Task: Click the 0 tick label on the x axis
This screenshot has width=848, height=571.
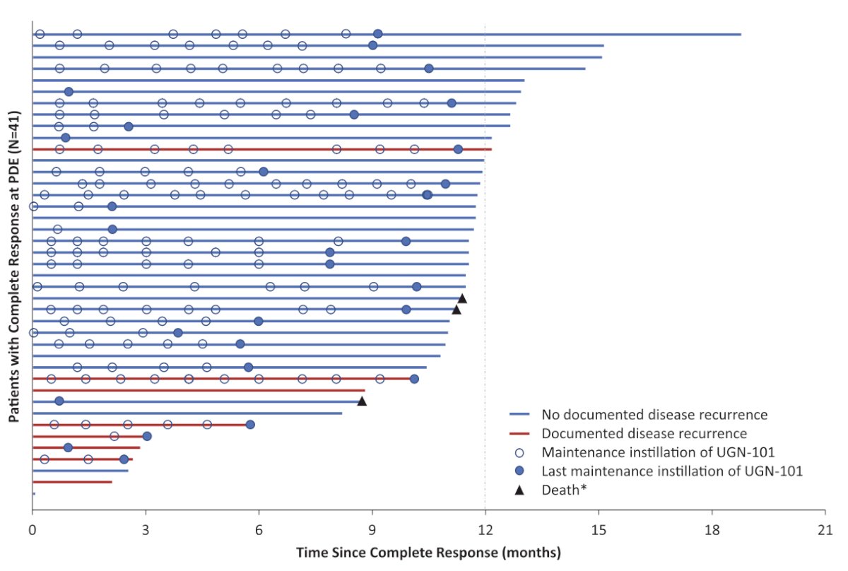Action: click(33, 530)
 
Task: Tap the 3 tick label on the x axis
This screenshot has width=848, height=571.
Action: click(146, 530)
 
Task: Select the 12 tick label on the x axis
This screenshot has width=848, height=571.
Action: click(485, 530)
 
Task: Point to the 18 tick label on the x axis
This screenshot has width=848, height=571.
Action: click(712, 530)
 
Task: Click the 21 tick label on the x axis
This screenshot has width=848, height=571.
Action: click(825, 530)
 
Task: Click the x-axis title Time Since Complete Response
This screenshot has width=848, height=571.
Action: click(397, 553)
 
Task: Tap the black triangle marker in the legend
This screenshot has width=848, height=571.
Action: click(520, 490)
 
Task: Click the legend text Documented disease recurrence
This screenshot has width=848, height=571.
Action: click(644, 434)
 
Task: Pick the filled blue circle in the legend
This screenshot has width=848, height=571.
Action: click(520, 471)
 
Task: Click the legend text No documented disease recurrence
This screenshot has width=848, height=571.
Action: click(654, 415)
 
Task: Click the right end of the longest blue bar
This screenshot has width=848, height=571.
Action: click(741, 35)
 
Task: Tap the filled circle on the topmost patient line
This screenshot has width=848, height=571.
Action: click(377, 34)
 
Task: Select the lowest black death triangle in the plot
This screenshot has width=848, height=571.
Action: click(362, 401)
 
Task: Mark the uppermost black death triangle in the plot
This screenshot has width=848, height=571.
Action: click(462, 299)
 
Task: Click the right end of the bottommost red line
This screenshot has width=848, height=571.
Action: click(112, 482)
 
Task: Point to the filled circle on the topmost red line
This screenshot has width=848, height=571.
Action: click(458, 149)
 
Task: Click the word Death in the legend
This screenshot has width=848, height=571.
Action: click(560, 490)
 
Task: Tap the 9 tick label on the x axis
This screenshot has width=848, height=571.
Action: click(372, 530)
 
